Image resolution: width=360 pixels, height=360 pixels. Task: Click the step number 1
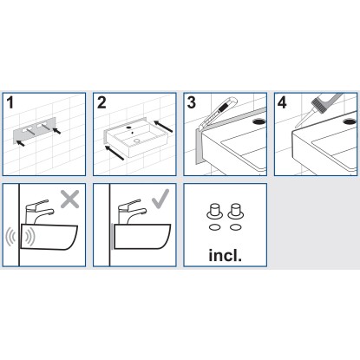click(x=10, y=102)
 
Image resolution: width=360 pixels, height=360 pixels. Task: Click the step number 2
click(x=101, y=102)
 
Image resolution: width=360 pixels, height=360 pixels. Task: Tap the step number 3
click(x=192, y=102)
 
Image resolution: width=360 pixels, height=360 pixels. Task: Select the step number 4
click(x=282, y=102)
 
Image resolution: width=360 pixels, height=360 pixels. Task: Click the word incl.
click(x=225, y=255)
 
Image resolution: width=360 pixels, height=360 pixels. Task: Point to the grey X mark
click(x=69, y=199)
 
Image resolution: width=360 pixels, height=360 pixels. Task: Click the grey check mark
click(x=160, y=199)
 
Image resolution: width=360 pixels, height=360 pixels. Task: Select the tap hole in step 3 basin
click(x=259, y=121)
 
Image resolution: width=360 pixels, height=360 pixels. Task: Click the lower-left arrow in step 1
click(x=20, y=143)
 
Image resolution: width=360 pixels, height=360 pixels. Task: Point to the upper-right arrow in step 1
click(x=57, y=130)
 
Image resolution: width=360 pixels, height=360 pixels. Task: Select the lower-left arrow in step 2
click(x=115, y=153)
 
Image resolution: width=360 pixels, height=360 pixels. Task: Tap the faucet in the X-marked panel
click(x=39, y=212)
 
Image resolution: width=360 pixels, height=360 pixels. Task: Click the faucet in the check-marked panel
click(x=132, y=212)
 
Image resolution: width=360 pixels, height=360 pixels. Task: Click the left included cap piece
click(x=214, y=211)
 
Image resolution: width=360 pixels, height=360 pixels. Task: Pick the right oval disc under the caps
click(x=235, y=227)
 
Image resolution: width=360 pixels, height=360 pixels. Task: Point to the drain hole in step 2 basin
click(x=136, y=141)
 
